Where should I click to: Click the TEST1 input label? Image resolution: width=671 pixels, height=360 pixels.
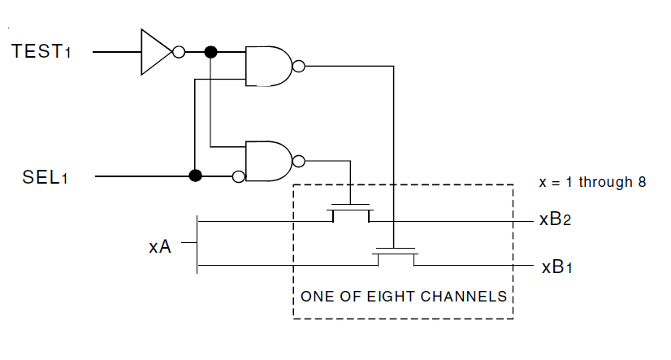coord(47,51)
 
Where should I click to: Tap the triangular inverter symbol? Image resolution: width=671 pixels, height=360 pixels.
coord(155,52)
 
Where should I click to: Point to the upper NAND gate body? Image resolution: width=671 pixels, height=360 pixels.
coord(269,66)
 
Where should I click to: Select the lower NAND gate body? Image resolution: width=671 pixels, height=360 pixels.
coord(269,161)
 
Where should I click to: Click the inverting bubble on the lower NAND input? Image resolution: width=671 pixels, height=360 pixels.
coord(239,176)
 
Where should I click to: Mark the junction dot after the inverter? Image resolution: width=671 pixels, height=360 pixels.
coord(210,52)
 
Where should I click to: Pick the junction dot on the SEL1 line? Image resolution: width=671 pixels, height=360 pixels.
coord(195,176)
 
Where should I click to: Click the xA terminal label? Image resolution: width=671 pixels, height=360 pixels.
coord(159,246)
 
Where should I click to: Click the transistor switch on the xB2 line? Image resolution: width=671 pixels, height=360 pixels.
coord(350,213)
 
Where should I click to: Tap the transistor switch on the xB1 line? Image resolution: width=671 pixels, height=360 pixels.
coord(395,258)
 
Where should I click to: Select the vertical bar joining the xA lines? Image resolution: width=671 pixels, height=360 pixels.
coord(197,243)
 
